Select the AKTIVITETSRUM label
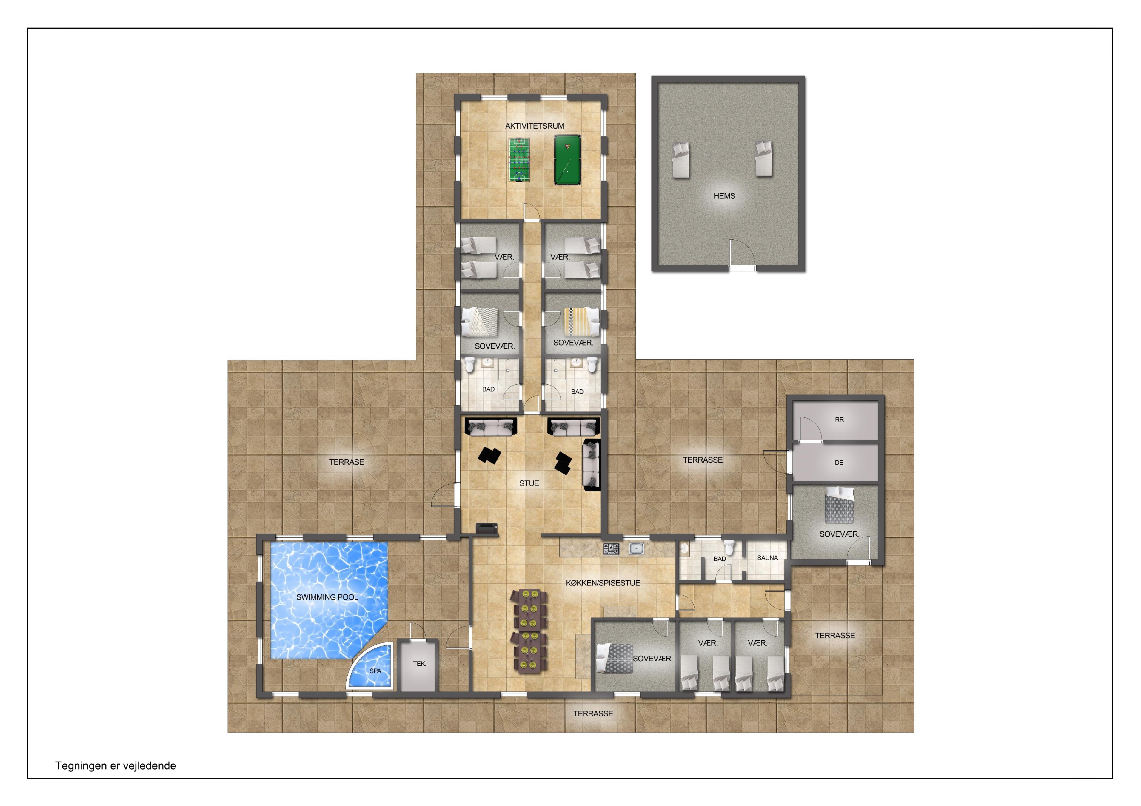pyautogui.click(x=535, y=126)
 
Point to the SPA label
pyautogui.click(x=375, y=671)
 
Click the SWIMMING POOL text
pyautogui.click(x=327, y=597)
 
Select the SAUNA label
pyautogui.click(x=767, y=558)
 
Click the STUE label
pyautogui.click(x=529, y=483)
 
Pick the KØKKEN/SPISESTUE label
pyautogui.click(x=603, y=583)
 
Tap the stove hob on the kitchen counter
pyautogui.click(x=611, y=548)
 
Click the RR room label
pyautogui.click(x=839, y=420)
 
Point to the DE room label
pyautogui.click(x=839, y=462)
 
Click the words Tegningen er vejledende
pyautogui.click(x=116, y=766)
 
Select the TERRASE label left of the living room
pyautogui.click(x=346, y=462)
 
